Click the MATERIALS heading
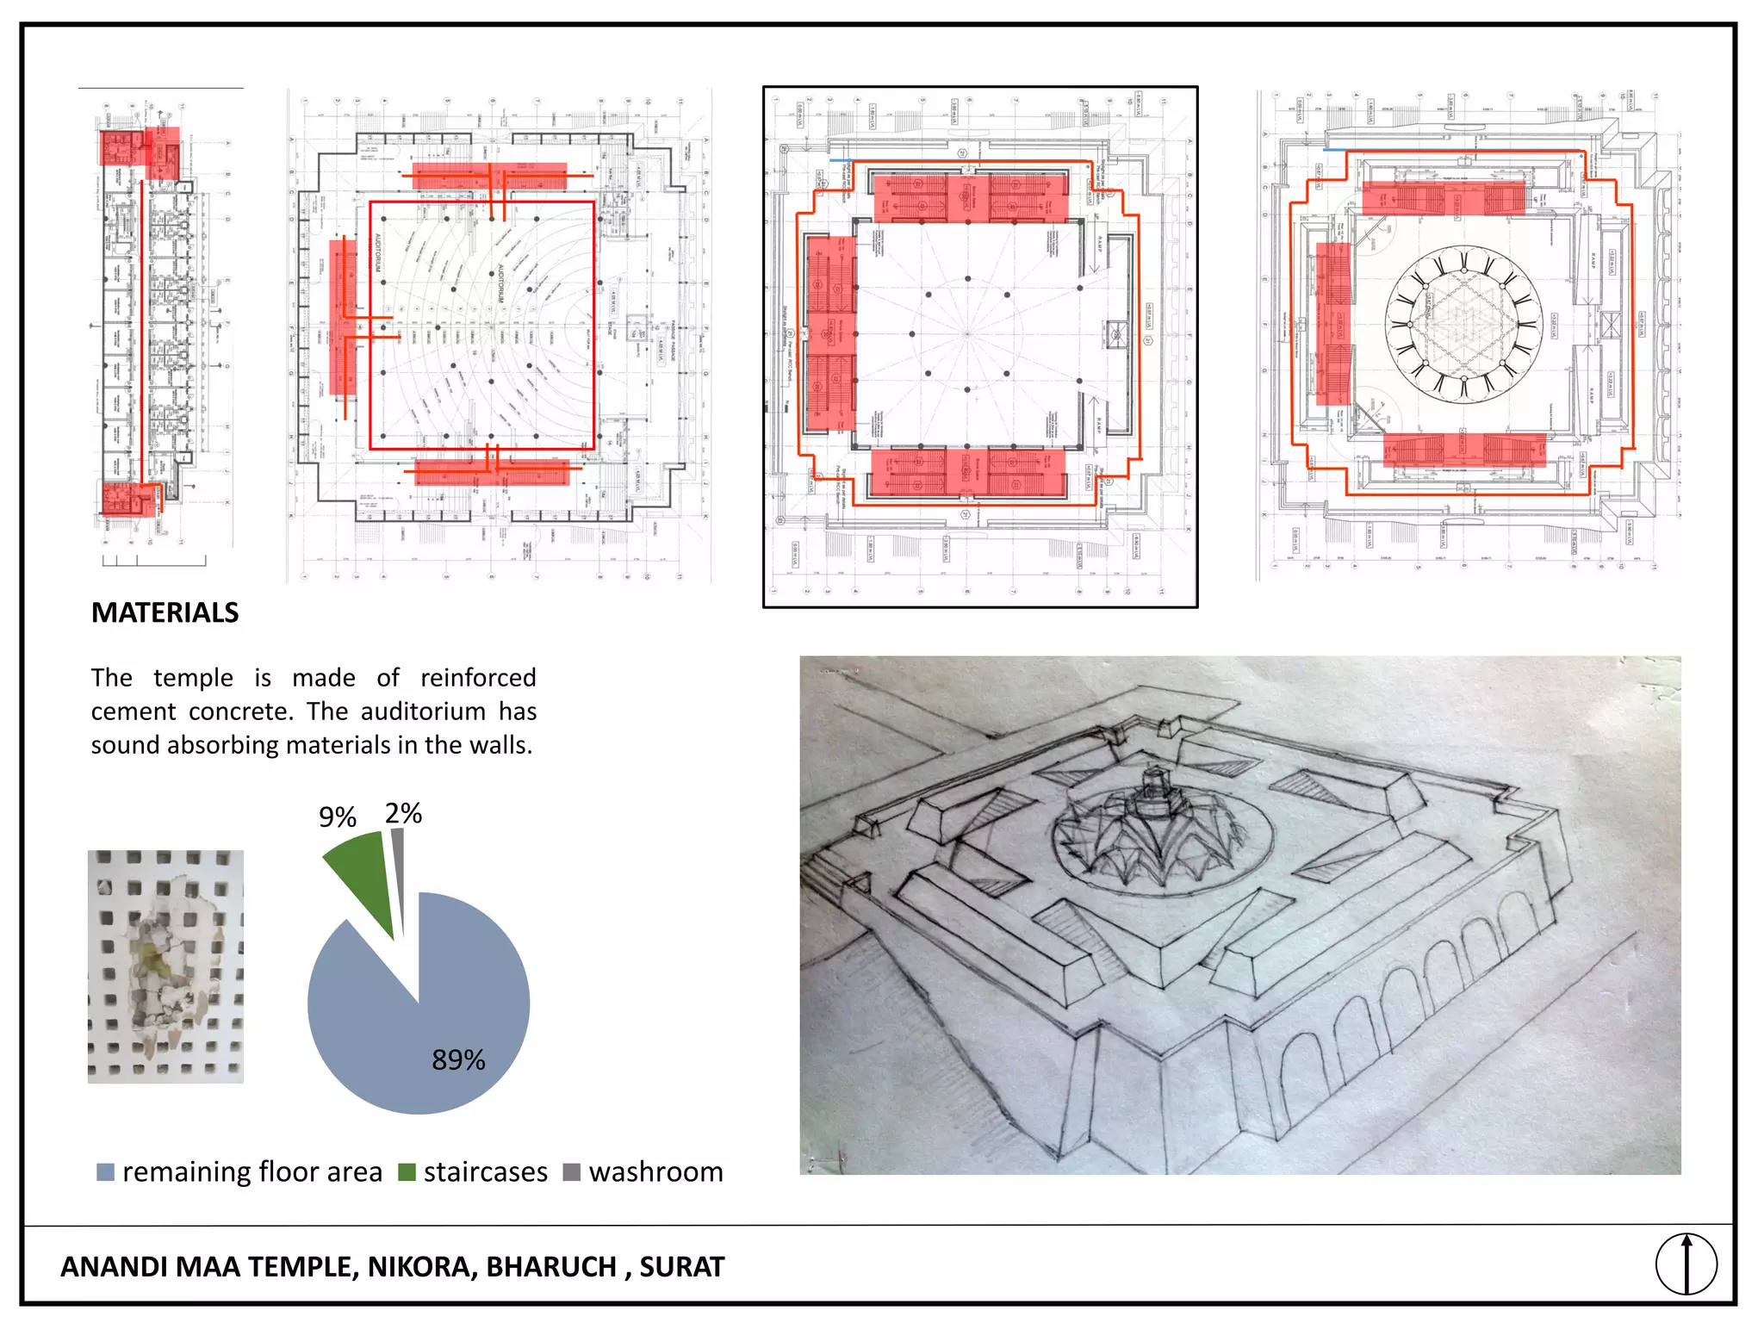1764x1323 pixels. [165, 612]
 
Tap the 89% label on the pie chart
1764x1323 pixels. [458, 1059]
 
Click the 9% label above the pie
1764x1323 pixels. [337, 817]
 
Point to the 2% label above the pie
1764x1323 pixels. [403, 813]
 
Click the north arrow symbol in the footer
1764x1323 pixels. [1686, 1264]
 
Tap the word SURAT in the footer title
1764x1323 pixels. [681, 1267]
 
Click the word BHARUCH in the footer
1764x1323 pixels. [551, 1267]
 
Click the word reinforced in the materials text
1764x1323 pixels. [478, 678]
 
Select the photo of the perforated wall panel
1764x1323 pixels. [165, 966]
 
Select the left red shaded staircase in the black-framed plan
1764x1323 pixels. [831, 334]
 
